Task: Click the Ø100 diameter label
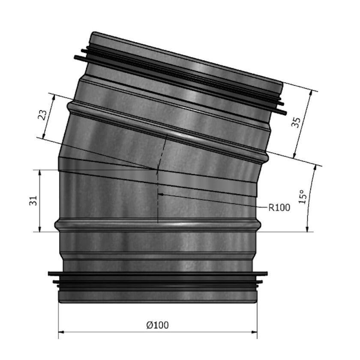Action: tap(157, 325)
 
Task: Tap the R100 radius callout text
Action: tap(279, 208)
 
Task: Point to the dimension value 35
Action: tap(296, 123)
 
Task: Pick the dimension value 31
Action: tap(34, 201)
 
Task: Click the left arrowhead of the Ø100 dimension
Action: tap(60, 332)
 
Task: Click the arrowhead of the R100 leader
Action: tap(160, 194)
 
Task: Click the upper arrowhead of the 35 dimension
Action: tap(310, 93)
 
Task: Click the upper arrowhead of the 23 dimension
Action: tap(54, 96)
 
